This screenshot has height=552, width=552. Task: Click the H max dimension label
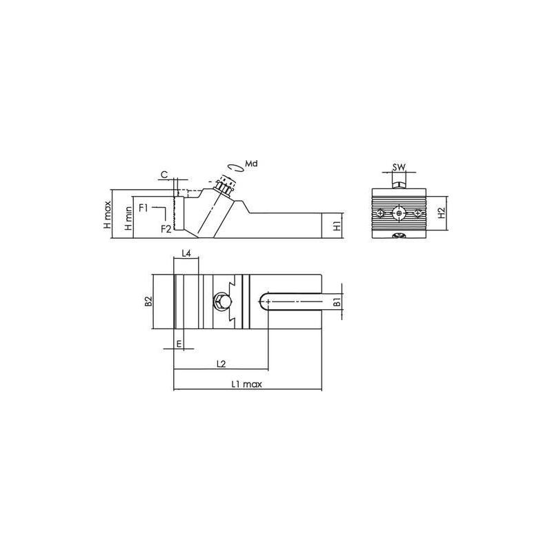(x=108, y=215)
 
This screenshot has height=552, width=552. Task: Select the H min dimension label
(x=129, y=218)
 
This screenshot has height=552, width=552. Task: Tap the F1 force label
(x=144, y=208)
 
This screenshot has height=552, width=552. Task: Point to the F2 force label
(x=166, y=229)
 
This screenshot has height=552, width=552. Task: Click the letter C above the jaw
(x=164, y=175)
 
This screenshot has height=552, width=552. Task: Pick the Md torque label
(x=251, y=164)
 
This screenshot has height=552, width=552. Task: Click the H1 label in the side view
(x=337, y=226)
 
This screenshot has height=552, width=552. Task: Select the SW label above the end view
(x=399, y=167)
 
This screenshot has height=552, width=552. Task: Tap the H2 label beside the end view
(x=442, y=213)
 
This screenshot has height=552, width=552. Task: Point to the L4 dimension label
(x=186, y=253)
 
